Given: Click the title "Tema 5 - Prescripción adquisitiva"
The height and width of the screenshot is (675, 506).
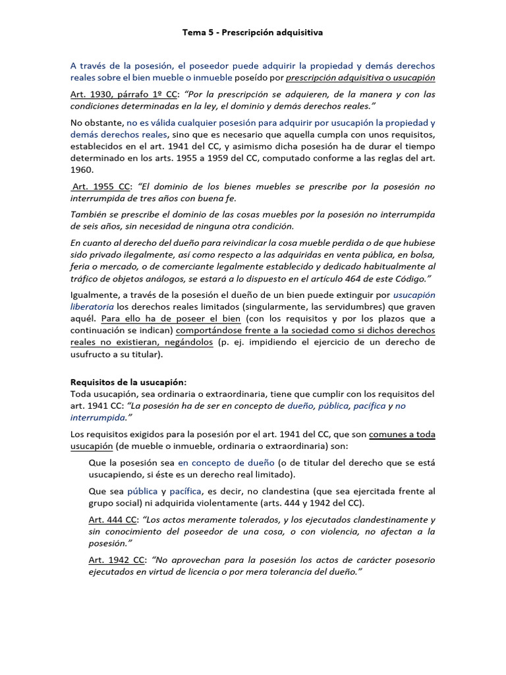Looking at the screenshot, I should (252, 32).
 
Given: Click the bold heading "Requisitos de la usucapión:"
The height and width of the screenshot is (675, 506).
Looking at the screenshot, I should (128, 382).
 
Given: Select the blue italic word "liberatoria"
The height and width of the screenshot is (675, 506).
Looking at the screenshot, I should (92, 307).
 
